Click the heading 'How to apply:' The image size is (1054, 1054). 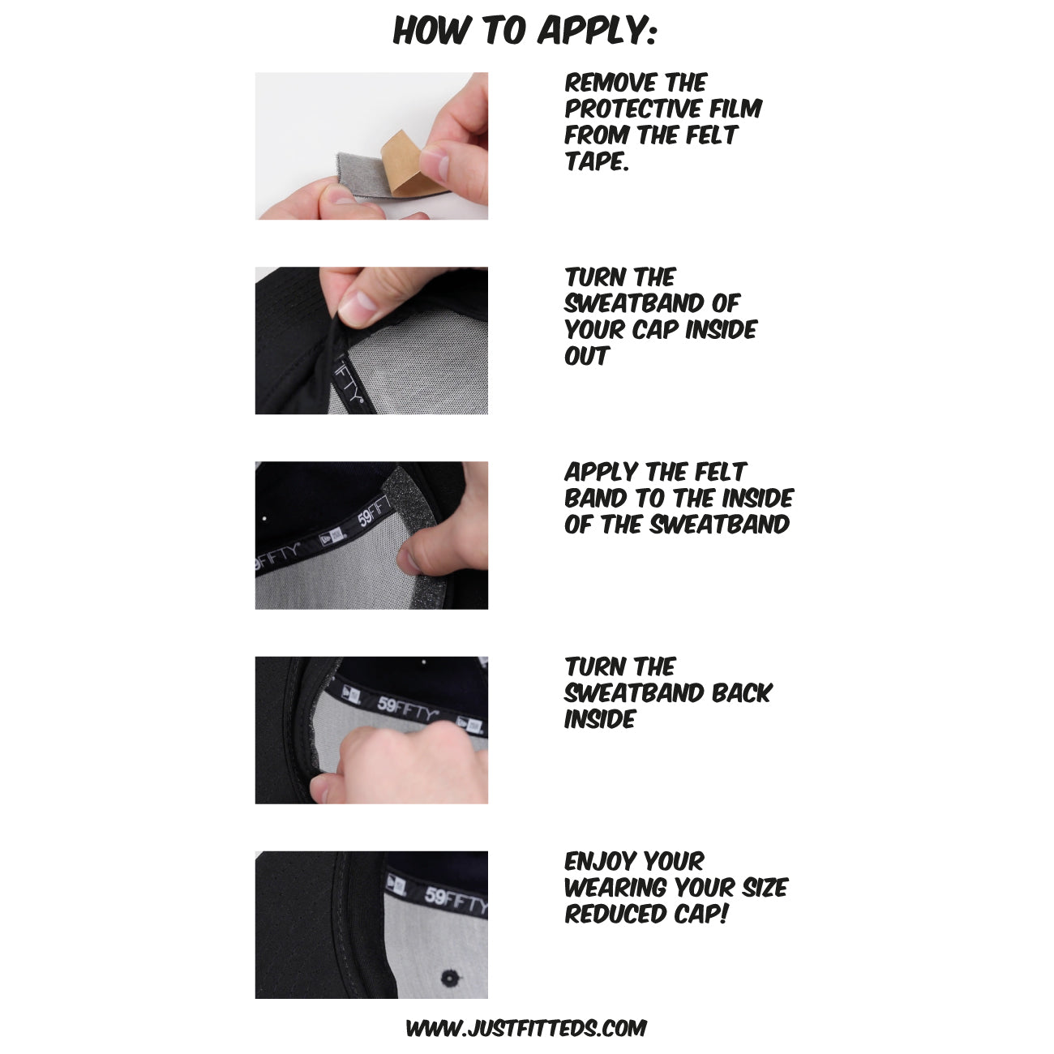click(x=525, y=31)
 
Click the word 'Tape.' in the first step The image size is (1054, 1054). click(x=597, y=161)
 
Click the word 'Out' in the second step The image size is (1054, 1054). click(x=586, y=356)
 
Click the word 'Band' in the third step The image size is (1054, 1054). click(x=595, y=499)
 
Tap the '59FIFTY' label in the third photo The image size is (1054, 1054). click(x=374, y=512)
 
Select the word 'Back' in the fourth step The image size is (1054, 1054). click(x=742, y=693)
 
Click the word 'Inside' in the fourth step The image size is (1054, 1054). click(x=599, y=719)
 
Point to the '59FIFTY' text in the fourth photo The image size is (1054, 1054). click(x=408, y=709)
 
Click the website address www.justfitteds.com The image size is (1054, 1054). click(x=526, y=1028)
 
